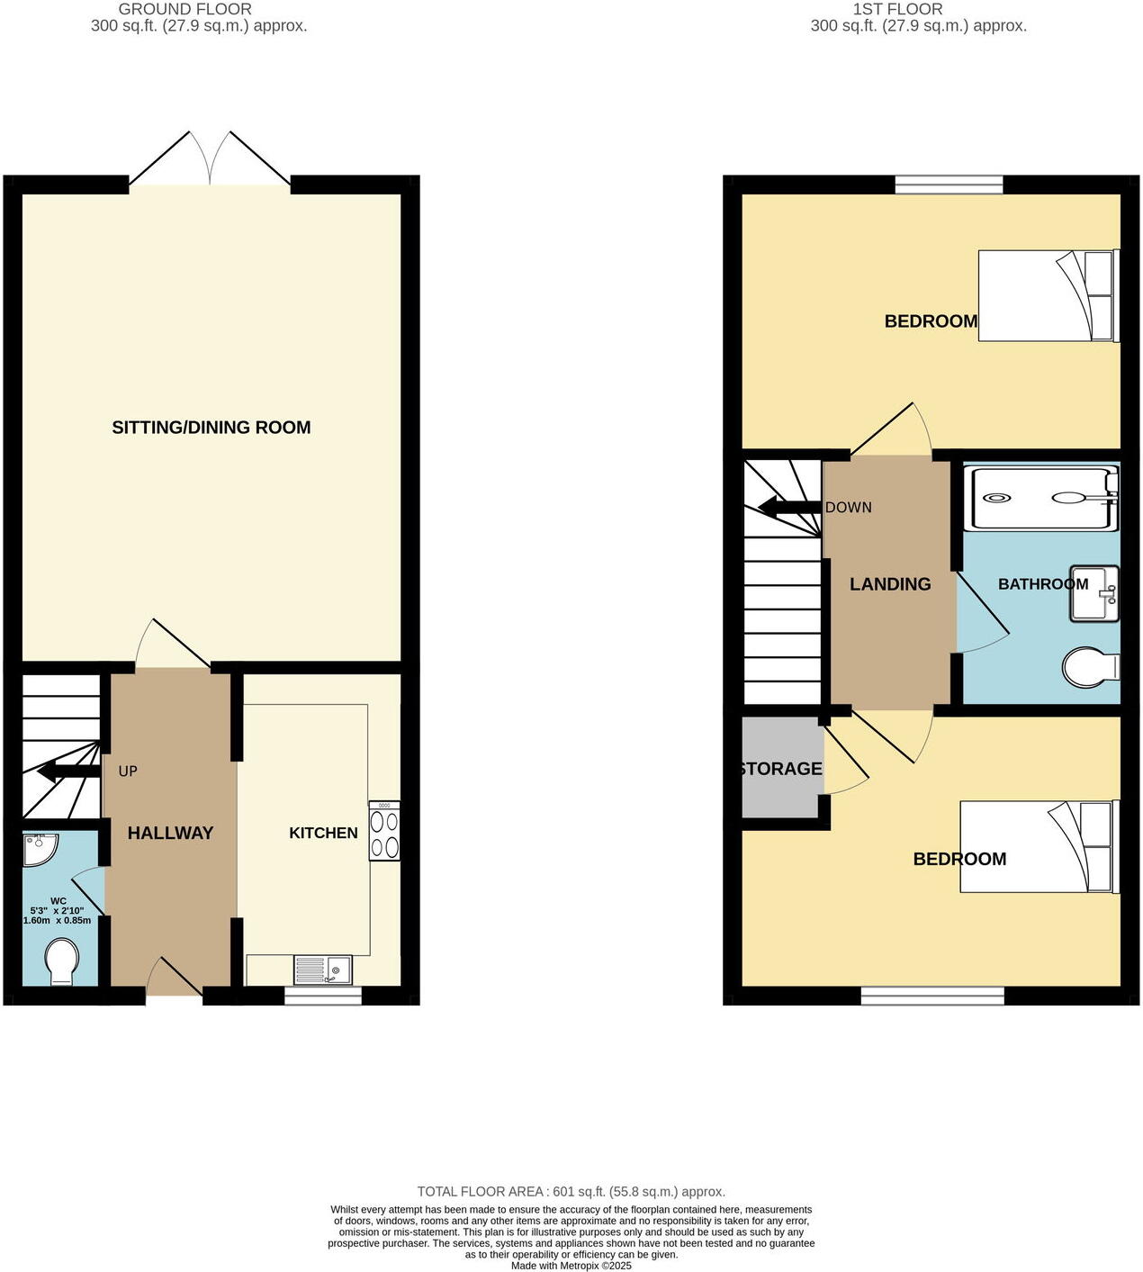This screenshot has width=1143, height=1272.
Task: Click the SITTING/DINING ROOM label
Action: pos(211,428)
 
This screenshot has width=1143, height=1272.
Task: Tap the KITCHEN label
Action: pos(323,833)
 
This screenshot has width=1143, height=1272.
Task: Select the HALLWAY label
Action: pos(170,833)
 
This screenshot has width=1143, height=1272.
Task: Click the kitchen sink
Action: pos(323,970)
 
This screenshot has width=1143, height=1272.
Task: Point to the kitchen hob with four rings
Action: pos(384,834)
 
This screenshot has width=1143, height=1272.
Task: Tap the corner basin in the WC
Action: pos(39,849)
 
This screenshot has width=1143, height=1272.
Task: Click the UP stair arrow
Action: pos(68,771)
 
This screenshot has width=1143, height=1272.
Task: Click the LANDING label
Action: pos(890,584)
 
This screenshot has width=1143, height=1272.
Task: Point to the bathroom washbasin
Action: pos(1094,593)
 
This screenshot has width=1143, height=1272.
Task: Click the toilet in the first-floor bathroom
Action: pos(1090,668)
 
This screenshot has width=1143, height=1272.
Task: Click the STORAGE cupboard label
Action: pos(780,769)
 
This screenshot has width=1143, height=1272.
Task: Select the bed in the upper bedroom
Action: pos(1048,295)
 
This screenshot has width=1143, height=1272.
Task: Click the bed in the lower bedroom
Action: pos(1039,846)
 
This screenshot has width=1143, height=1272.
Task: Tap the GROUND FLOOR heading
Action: pos(185,9)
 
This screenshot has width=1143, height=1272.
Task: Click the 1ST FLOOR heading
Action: pos(897,9)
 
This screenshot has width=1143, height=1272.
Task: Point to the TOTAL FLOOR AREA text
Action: pos(571,1192)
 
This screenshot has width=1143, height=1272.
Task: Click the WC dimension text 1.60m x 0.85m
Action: pos(57,920)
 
